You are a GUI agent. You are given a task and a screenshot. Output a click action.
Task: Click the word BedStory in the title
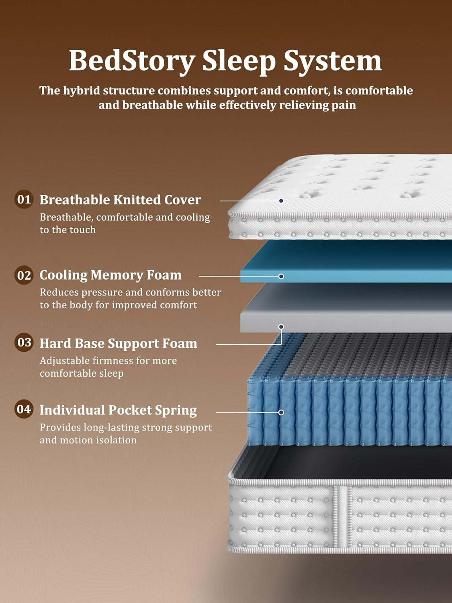point(131,61)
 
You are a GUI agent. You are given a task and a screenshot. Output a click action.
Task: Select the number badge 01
point(24,199)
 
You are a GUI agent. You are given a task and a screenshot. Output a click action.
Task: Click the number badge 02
point(24,275)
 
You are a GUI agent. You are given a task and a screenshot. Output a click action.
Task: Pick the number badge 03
point(24,343)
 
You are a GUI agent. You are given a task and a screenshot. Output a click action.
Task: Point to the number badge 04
point(24,409)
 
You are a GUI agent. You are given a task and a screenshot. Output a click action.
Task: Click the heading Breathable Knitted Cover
point(120,200)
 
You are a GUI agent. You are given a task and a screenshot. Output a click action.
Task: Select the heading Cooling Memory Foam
point(110,275)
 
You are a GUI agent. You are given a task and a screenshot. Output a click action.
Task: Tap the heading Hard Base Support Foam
point(119,343)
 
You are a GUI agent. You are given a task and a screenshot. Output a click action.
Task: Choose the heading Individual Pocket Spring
point(118,410)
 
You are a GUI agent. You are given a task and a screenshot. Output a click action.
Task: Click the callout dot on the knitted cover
point(281,201)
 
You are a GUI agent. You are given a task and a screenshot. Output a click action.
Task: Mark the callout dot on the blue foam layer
point(281,276)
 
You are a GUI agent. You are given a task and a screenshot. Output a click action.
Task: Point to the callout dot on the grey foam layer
point(281,326)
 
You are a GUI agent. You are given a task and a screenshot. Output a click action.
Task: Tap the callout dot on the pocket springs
point(281,412)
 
